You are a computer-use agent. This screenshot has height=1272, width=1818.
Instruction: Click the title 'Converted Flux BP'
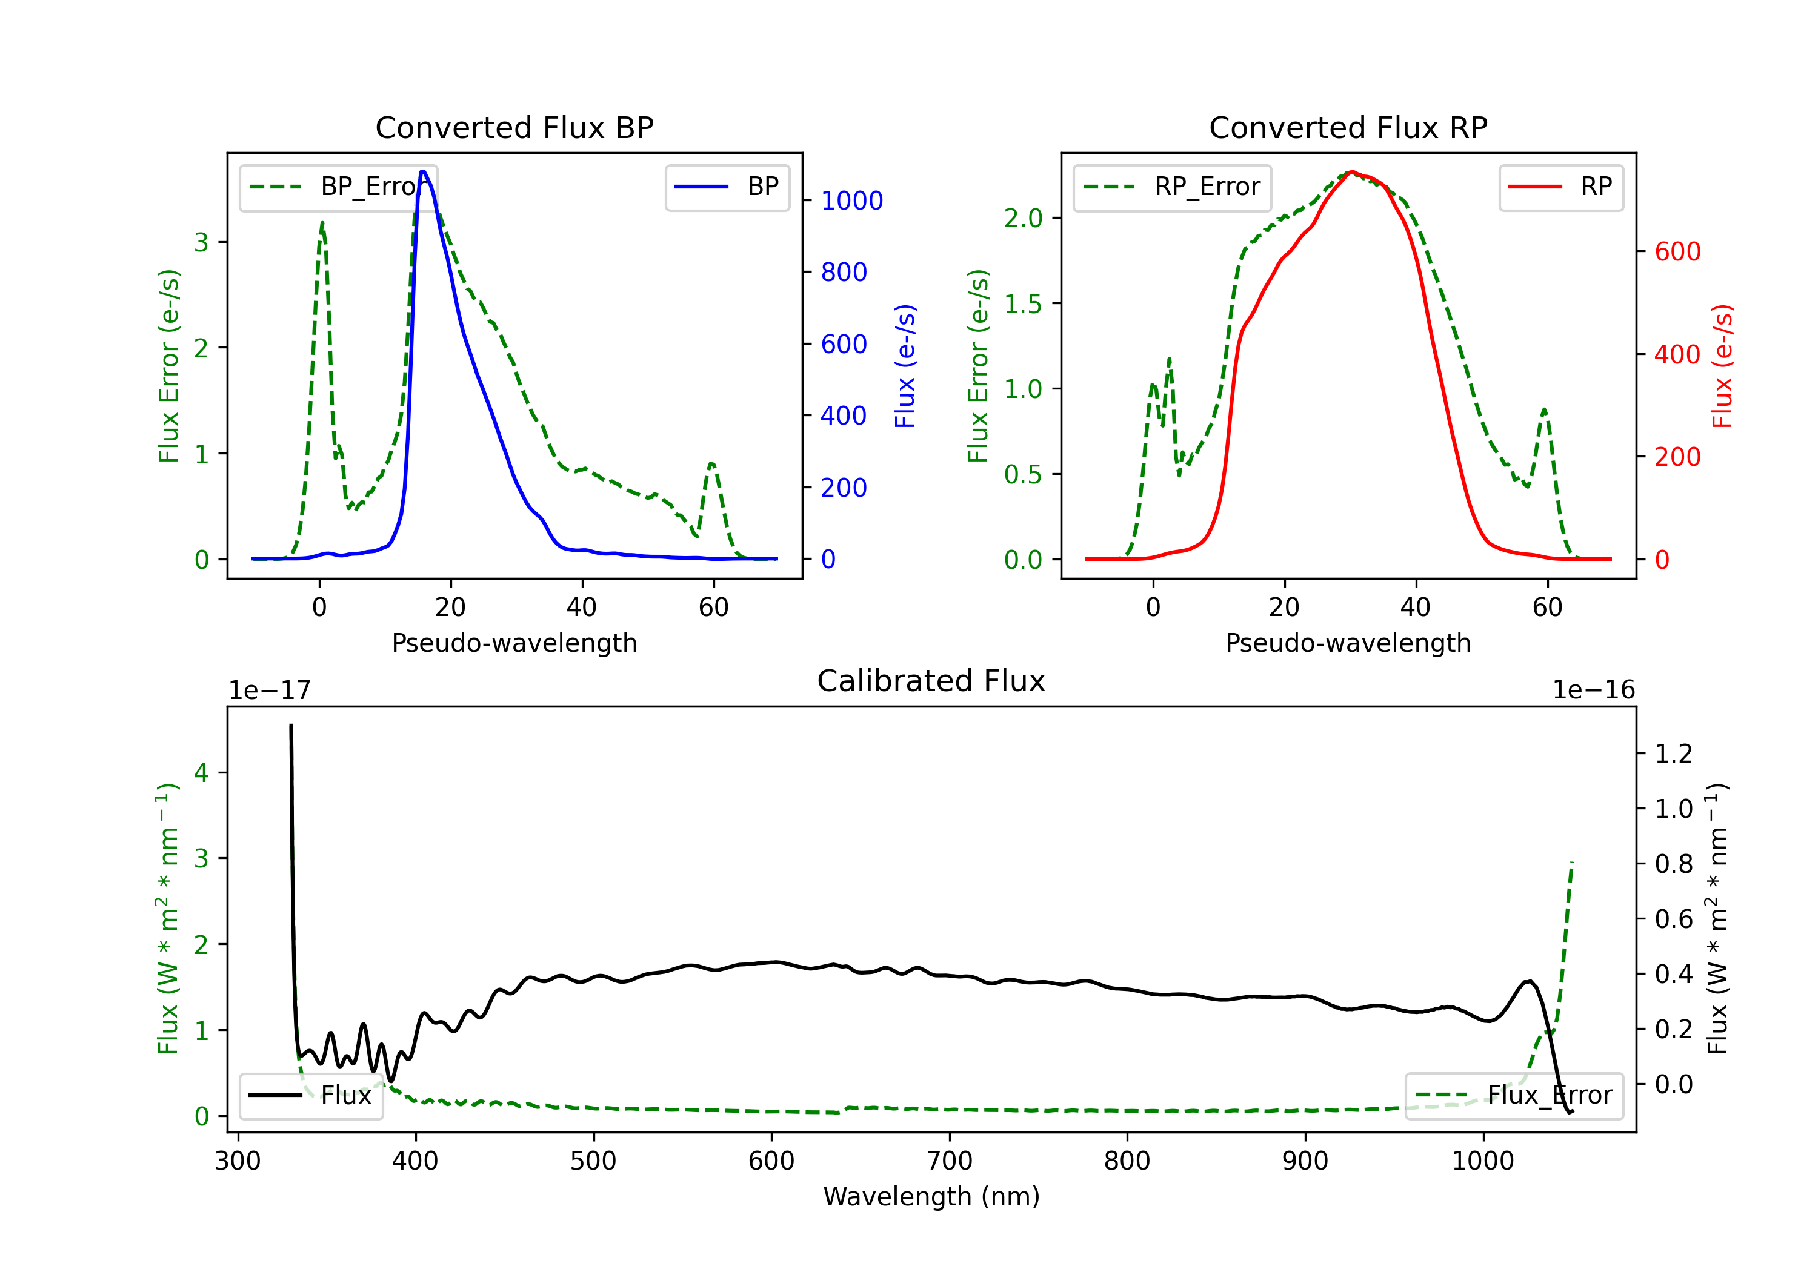(514, 127)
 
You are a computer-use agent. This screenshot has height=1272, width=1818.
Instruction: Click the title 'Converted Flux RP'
(1348, 127)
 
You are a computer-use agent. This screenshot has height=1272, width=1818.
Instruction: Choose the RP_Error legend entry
(1172, 187)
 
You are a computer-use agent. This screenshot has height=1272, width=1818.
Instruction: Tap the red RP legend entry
(1560, 187)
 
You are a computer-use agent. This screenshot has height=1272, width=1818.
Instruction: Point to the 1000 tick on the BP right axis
(851, 201)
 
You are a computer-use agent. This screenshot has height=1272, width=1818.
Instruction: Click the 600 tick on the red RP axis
(1677, 252)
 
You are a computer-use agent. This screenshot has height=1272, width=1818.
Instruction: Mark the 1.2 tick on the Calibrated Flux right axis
(1673, 754)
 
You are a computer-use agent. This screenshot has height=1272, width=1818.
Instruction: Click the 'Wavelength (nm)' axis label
(931, 1196)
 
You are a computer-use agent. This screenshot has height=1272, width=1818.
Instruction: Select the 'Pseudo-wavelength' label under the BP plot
(514, 643)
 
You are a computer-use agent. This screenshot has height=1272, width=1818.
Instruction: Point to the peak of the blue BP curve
(424, 172)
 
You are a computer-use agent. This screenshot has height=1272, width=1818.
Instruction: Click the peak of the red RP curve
(1351, 172)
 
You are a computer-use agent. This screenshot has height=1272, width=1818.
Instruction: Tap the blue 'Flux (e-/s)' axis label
(904, 366)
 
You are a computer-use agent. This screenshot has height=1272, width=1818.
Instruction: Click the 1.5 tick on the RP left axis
(1023, 304)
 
